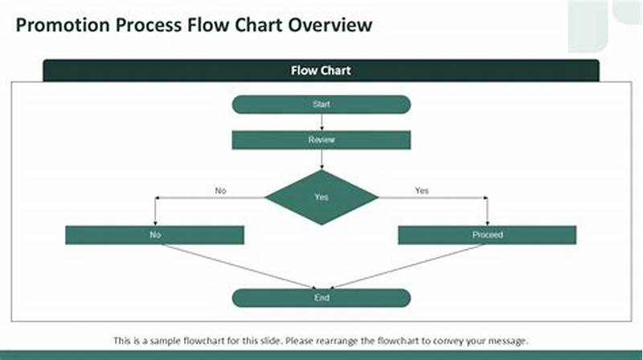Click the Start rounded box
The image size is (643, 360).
321,104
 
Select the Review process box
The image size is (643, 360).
321,140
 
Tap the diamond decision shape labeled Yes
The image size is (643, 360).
321,197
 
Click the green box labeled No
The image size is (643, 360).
154,235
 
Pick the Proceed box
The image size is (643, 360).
487,235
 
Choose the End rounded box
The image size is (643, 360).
321,298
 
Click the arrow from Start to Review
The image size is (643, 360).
321,121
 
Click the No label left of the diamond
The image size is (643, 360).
221,190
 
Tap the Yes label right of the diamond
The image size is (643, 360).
421,190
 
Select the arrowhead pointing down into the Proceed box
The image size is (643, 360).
487,222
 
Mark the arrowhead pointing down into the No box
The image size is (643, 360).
154,222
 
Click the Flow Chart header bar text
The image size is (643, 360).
321,71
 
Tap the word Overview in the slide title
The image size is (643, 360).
331,25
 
